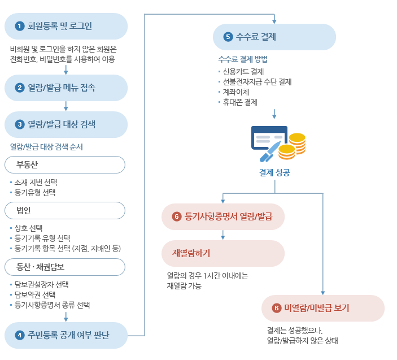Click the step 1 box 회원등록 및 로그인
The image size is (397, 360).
pos(66,26)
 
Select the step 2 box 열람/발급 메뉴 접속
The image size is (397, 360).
pos(66,88)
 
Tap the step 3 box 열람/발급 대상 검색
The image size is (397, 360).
pos(66,124)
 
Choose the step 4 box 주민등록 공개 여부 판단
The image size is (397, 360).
pos(66,335)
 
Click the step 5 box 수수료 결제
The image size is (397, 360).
pos(274,37)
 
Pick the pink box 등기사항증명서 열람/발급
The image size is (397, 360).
pos(223,216)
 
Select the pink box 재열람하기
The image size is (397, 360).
pos(223,253)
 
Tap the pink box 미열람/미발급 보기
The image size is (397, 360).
pos(322,308)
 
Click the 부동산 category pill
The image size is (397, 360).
pos(64,165)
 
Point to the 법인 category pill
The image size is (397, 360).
pos(64,210)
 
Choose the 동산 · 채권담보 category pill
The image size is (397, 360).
pos(64,267)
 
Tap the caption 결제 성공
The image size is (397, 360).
pos(274,172)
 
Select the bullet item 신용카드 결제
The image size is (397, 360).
pos(243,72)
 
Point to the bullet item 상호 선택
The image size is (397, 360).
pos(29,228)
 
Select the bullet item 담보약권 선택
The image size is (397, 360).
pos(35,294)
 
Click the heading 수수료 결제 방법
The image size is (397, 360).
pos(243,59)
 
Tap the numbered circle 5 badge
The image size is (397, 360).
pos(228,37)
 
